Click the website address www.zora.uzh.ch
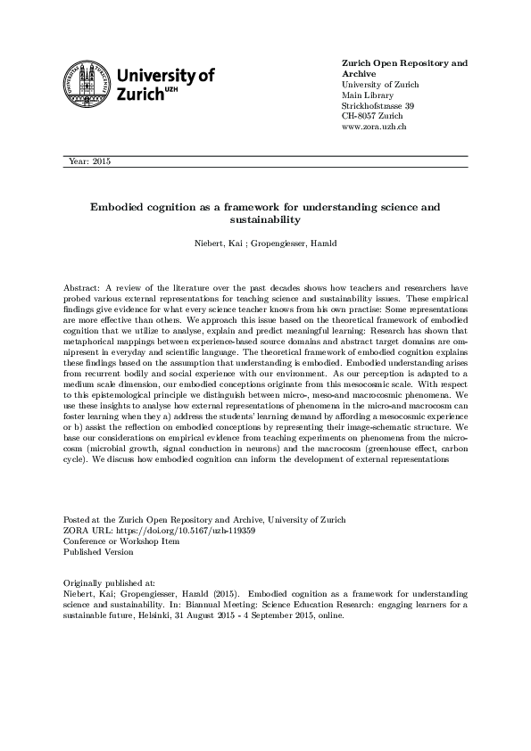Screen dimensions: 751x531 coord(375,128)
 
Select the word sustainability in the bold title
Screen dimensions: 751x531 coord(265,219)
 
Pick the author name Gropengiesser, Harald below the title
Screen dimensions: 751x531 coord(287,243)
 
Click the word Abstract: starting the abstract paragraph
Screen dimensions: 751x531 coord(82,290)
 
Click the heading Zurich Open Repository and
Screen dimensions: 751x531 coord(404,63)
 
